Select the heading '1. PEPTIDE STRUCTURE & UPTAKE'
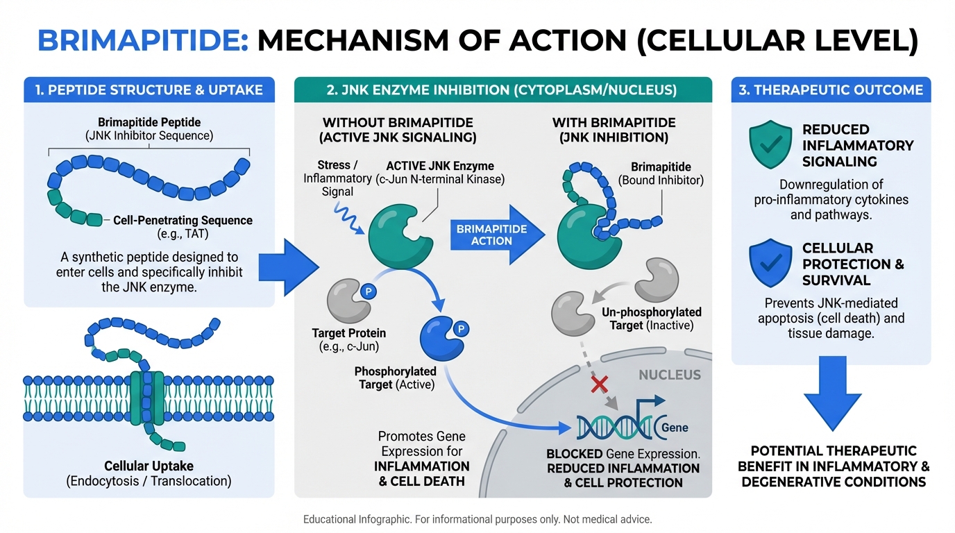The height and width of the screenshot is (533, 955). click(149, 90)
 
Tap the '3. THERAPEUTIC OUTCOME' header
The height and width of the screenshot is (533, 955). click(830, 90)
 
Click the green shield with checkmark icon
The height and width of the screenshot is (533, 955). click(770, 145)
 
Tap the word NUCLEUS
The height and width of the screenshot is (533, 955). click(669, 375)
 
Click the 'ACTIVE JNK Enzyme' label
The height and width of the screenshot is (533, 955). click(440, 166)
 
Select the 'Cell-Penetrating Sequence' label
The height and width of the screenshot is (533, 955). click(183, 221)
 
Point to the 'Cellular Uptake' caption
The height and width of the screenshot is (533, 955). click(149, 466)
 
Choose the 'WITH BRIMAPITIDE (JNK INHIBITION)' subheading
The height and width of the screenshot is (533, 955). click(614, 130)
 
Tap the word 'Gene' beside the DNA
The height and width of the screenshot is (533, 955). click(675, 428)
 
